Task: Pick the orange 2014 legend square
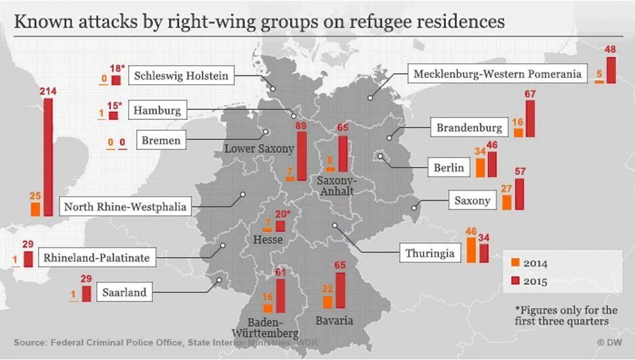pos(516,262)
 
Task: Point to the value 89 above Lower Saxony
pos(302,125)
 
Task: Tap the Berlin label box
pos(449,167)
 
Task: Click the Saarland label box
pos(125,293)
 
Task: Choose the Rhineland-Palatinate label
pos(96,258)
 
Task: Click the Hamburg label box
pos(157,110)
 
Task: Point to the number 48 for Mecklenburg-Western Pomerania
pos(610,49)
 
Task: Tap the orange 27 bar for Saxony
pos(506,201)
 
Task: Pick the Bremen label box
pos(161,141)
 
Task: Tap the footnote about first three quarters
pos(561,315)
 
